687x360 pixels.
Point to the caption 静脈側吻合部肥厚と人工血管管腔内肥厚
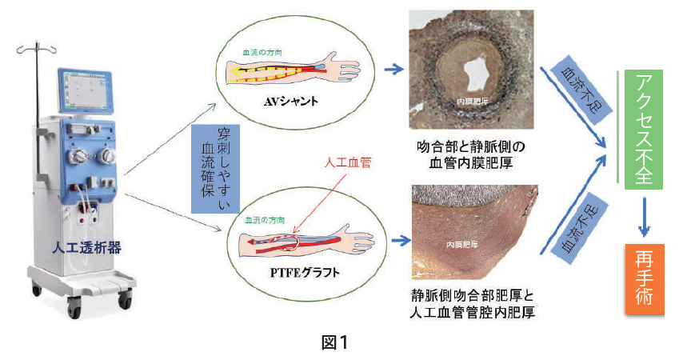(x=469, y=304)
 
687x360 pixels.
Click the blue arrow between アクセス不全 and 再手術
(x=645, y=216)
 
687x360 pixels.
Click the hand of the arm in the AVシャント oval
(x=351, y=65)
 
